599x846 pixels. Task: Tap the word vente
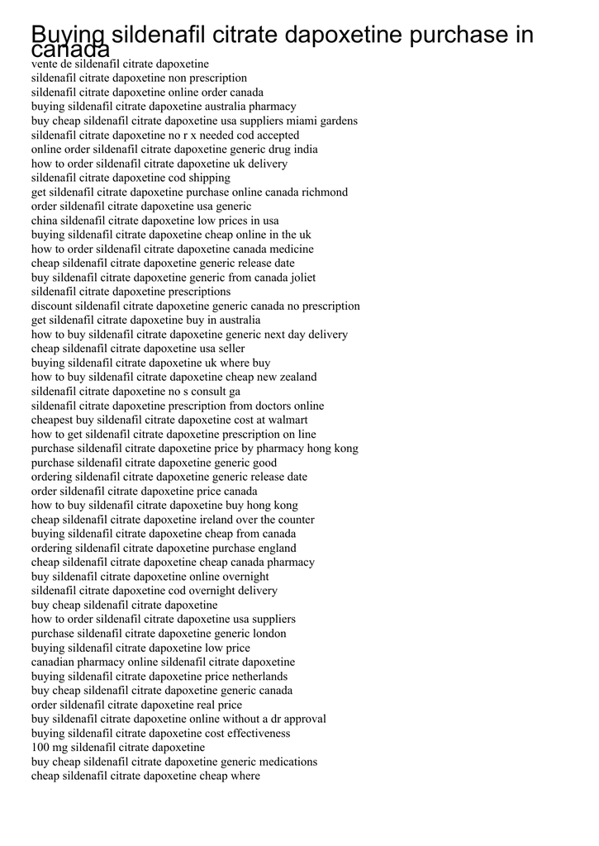click(x=45, y=64)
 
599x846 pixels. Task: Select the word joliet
click(x=299, y=278)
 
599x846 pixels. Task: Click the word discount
click(x=52, y=306)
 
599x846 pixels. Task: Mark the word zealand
click(x=295, y=377)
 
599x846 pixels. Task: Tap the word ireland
click(x=222, y=520)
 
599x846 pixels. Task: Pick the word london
click(x=265, y=634)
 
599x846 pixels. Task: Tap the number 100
click(x=41, y=747)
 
